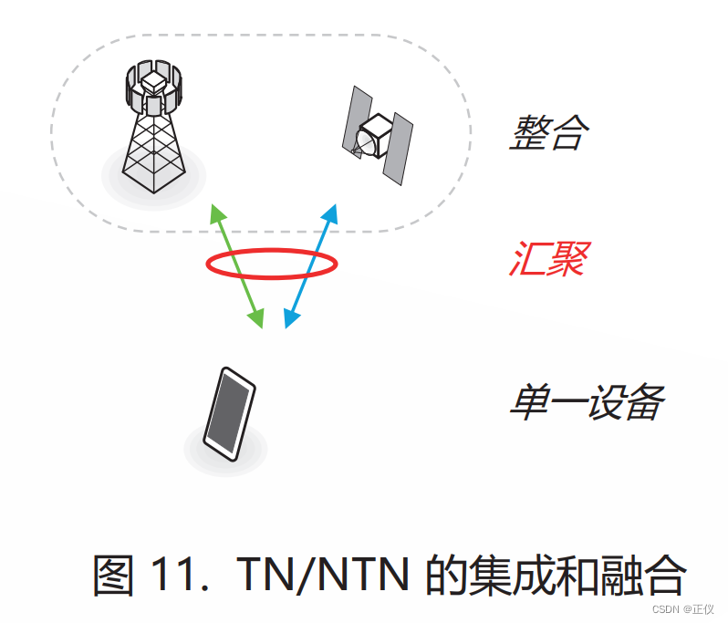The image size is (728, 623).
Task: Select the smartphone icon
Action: click(x=228, y=415)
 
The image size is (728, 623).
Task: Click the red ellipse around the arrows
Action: click(x=272, y=264)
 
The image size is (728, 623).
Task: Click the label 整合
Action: click(x=548, y=133)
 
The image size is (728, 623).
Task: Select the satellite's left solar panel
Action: click(x=356, y=119)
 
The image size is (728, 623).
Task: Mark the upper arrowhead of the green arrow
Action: click(x=216, y=213)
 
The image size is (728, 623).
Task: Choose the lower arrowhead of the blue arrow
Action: click(x=291, y=318)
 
